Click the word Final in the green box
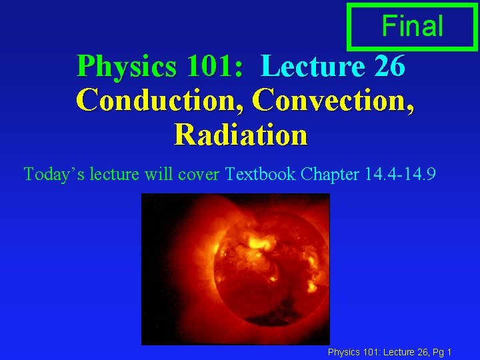point(412,26)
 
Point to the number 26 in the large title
point(389,66)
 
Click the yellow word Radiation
point(241,135)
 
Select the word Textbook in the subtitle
point(261,175)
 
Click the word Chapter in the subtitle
point(331,175)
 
